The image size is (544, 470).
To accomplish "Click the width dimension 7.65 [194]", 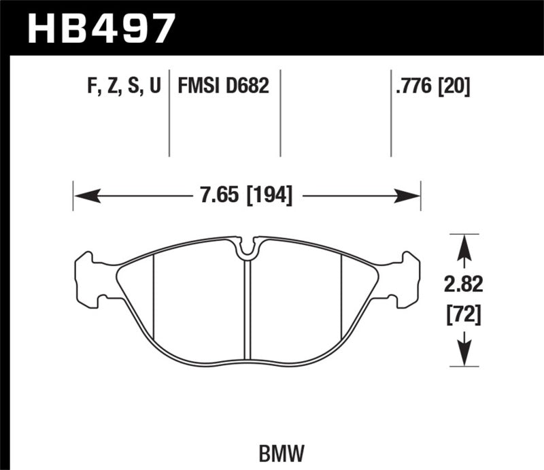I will pyautogui.click(x=246, y=196).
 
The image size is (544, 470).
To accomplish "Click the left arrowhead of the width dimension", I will pyautogui.click(x=84, y=196).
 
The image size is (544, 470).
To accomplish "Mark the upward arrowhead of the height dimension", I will pyautogui.click(x=464, y=246).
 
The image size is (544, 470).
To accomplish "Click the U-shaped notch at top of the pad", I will pyautogui.click(x=247, y=249).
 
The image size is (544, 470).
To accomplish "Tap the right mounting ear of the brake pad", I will pyautogui.click(x=407, y=279).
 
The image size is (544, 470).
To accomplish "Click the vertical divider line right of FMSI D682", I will pyautogui.click(x=281, y=112).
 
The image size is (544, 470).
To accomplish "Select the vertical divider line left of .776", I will pyautogui.click(x=391, y=112).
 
